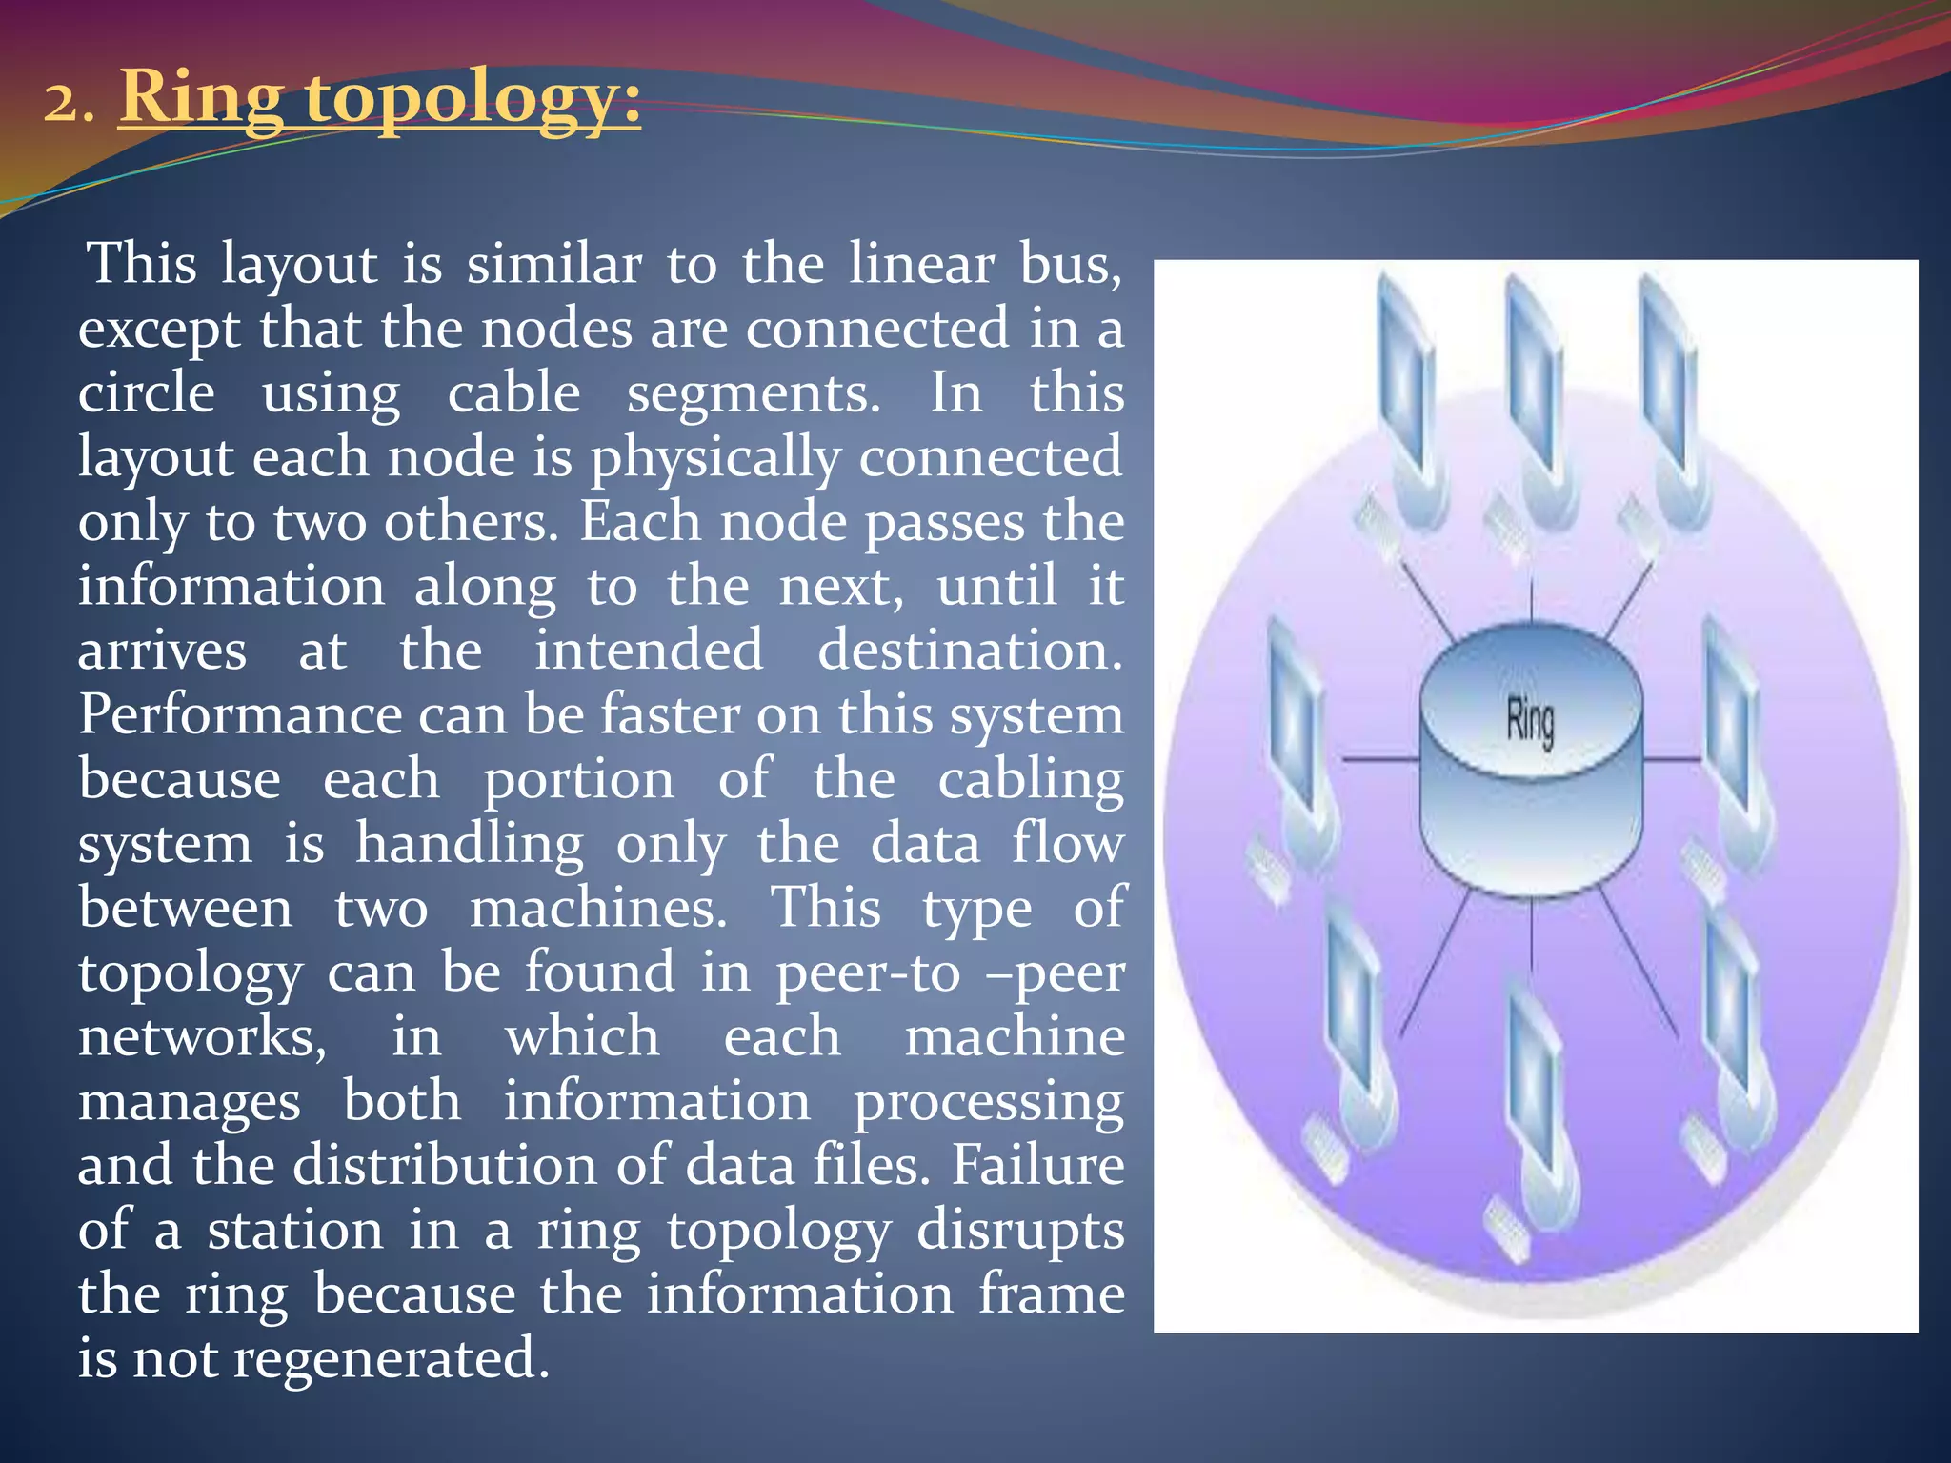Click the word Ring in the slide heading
[202, 97]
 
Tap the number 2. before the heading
[69, 102]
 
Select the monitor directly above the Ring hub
[1532, 381]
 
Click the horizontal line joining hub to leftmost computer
[1380, 759]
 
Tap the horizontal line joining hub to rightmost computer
[1672, 759]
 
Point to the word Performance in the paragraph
[237, 714]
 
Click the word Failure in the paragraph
[1038, 1165]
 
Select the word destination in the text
[970, 651]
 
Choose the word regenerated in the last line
[392, 1359]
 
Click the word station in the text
[295, 1230]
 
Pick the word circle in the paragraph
[147, 392]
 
